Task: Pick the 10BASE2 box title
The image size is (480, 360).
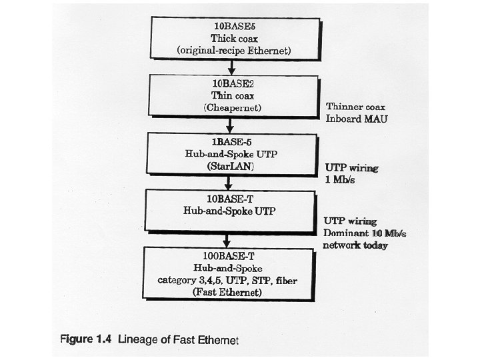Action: (x=229, y=85)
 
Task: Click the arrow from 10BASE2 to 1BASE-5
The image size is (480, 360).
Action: (x=229, y=125)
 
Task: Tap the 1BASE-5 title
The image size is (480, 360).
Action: (x=229, y=142)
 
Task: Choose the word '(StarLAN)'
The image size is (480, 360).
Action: (x=229, y=165)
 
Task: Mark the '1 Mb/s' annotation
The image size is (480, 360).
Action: (x=341, y=180)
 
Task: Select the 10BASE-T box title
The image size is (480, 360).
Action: (x=229, y=199)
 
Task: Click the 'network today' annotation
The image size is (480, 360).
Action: (x=355, y=245)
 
